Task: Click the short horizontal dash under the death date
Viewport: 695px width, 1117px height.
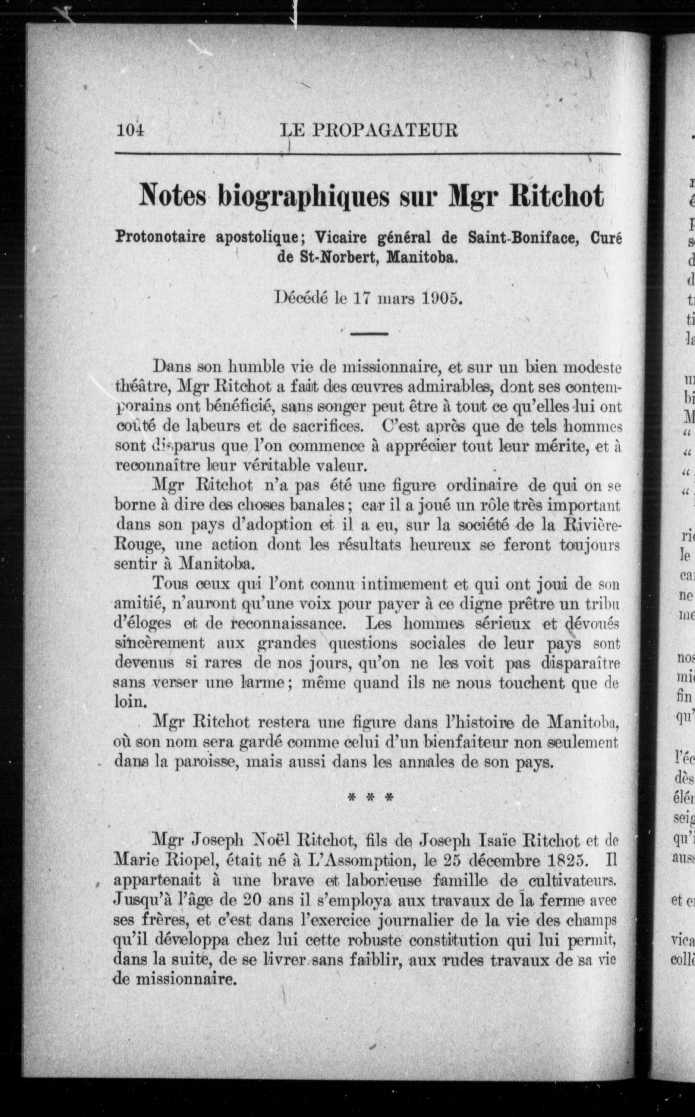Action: (x=369, y=333)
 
